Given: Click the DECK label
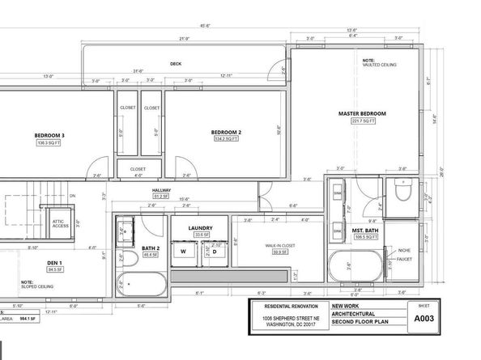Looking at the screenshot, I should [175, 64].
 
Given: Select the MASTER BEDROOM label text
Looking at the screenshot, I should [362, 112].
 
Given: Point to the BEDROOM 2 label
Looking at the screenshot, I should [227, 132].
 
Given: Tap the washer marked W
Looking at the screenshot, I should [184, 252].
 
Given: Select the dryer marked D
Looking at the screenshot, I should [215, 252].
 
